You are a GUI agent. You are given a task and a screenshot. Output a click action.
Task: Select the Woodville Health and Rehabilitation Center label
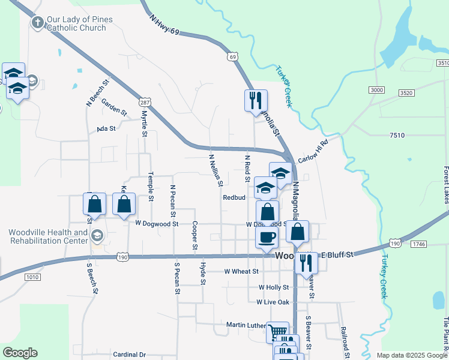point(48,236)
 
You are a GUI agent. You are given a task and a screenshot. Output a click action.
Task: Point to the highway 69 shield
point(232,56)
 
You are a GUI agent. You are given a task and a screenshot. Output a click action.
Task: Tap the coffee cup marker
point(267,236)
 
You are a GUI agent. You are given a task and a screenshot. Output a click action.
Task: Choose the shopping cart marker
point(277,332)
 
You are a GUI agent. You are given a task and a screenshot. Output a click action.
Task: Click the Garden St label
point(114,107)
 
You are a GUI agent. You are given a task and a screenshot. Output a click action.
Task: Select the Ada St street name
point(106,129)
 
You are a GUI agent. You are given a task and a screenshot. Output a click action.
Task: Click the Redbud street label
point(235,197)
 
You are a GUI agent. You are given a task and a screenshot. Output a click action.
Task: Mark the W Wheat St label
point(241,271)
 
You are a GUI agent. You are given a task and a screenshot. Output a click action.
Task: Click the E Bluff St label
point(337,255)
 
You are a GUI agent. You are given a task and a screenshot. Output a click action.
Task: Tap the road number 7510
point(396,136)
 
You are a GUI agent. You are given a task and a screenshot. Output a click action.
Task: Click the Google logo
point(20,353)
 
